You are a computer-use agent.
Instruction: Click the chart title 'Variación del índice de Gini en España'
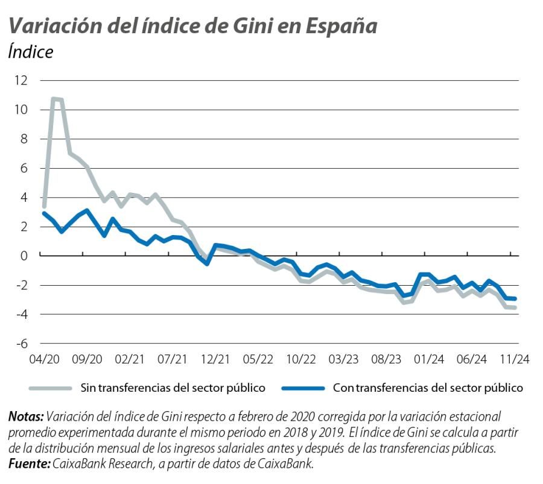click(x=192, y=26)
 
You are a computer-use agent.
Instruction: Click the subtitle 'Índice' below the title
click(x=31, y=52)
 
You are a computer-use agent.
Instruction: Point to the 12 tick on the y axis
click(x=21, y=81)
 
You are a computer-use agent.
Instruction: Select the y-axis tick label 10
click(x=21, y=110)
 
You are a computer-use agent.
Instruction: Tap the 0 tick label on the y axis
click(x=24, y=256)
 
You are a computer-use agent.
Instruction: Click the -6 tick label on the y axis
click(x=21, y=344)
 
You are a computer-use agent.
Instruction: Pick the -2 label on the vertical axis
click(x=21, y=285)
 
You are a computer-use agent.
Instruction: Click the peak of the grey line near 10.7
click(x=54, y=99)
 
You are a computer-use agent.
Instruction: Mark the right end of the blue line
click(x=515, y=298)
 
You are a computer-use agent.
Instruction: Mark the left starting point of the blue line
click(x=44, y=213)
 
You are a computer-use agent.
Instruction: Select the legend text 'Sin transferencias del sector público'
click(x=173, y=388)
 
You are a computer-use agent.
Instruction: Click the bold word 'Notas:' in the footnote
click(x=26, y=416)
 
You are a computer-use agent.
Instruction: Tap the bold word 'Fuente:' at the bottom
click(x=30, y=464)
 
